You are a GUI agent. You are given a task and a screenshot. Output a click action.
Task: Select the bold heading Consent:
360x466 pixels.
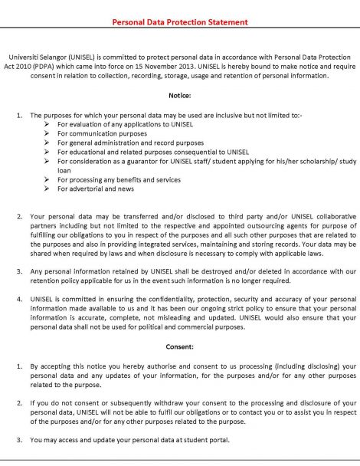coord(180,346)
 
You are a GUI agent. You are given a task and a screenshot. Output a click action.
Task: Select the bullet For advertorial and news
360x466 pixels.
coord(96,189)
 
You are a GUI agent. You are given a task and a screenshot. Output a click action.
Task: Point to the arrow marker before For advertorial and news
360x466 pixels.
coord(48,189)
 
